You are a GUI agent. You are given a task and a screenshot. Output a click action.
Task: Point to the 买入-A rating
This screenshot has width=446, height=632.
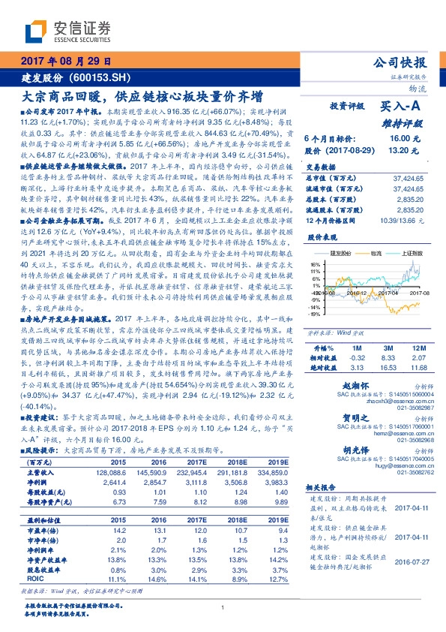[x=402, y=107]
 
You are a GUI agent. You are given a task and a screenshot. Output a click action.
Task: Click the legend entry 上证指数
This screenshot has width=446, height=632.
[x=409, y=254]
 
